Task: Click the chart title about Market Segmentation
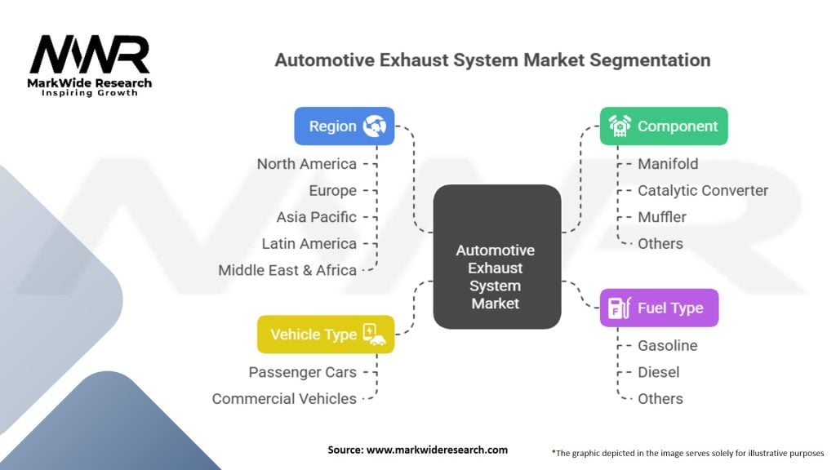492,60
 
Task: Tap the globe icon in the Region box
377,126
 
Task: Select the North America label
307,164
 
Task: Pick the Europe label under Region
333,191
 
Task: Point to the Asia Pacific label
317,217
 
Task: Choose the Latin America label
309,244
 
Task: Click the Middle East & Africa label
287,270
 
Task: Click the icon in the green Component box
620,126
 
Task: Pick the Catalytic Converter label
703,191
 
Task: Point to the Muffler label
662,217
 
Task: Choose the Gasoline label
668,346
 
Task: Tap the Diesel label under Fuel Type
659,372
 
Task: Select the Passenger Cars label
303,372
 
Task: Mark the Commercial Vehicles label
284,399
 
